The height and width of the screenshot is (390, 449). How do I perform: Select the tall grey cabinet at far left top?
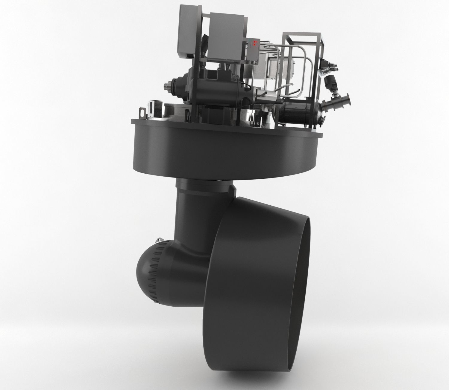click(188, 33)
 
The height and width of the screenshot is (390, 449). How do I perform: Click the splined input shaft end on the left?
click(166, 87)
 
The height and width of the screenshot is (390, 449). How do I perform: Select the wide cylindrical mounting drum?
click(224, 149)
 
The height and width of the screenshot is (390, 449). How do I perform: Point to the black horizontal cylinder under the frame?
click(296, 115)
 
